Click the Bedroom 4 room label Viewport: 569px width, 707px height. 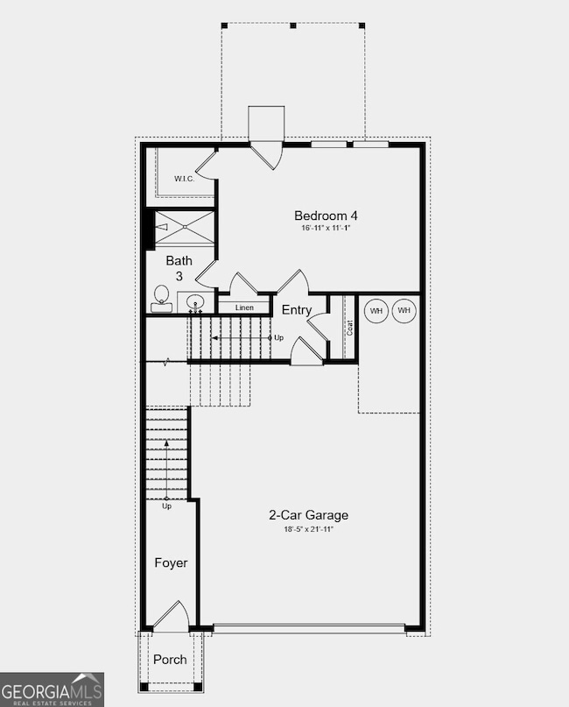coord(326,216)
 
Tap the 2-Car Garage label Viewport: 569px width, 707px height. coord(308,515)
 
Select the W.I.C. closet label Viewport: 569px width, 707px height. coord(184,179)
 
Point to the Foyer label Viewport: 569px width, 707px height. coord(172,562)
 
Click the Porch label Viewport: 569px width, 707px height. coord(170,659)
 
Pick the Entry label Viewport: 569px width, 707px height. coord(297,310)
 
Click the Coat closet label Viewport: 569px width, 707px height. coord(350,328)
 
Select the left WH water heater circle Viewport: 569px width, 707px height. coord(376,311)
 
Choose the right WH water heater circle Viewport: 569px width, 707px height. coord(404,311)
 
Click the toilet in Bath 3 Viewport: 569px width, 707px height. coord(161,299)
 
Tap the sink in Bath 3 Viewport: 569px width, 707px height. coord(195,303)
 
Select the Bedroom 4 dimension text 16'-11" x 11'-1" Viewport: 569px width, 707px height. coord(326,229)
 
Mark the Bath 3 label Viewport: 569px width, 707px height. coord(179,267)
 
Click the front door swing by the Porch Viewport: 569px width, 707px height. coord(172,615)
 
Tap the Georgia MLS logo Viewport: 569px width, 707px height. coord(52,689)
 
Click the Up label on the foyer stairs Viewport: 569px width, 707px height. coord(166,506)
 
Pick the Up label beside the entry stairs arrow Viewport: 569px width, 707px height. coord(278,337)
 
